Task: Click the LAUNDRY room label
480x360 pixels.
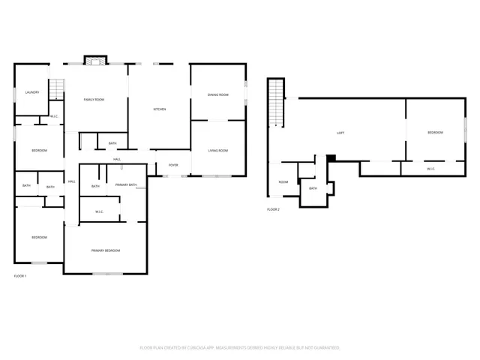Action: pyautogui.click(x=31, y=92)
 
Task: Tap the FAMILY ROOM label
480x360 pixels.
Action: pyautogui.click(x=94, y=100)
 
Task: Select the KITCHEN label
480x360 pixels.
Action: pyautogui.click(x=159, y=109)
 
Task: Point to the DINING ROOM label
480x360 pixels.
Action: pyautogui.click(x=217, y=94)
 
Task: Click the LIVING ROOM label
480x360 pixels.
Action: pyautogui.click(x=217, y=151)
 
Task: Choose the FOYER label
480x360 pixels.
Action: pyautogui.click(x=172, y=165)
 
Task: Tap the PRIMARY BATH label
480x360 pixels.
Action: pyautogui.click(x=126, y=184)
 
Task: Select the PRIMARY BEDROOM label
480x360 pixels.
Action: pyautogui.click(x=106, y=250)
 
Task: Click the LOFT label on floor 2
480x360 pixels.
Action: pyautogui.click(x=340, y=133)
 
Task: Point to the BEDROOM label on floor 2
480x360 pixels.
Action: pyautogui.click(x=435, y=133)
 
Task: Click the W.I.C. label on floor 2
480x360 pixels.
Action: pyautogui.click(x=431, y=169)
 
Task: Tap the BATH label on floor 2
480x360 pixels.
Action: pyautogui.click(x=313, y=188)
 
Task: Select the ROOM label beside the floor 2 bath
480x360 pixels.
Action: pyautogui.click(x=283, y=182)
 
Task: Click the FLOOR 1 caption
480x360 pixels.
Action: pyautogui.click(x=20, y=276)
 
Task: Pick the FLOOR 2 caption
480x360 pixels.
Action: pyautogui.click(x=273, y=209)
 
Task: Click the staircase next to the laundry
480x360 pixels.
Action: pyautogui.click(x=56, y=90)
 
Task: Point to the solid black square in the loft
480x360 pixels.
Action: pyautogui.click(x=331, y=157)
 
